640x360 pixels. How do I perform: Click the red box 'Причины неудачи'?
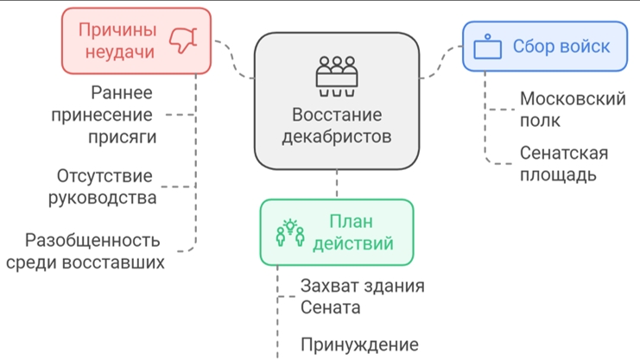pos(136,41)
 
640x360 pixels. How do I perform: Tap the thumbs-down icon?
pos(183,40)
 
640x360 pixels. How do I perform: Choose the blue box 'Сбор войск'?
pos(544,47)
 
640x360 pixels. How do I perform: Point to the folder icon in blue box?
pos(488,48)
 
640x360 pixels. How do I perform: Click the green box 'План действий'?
pos(337,232)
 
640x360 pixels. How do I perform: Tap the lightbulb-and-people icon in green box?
pos(290,233)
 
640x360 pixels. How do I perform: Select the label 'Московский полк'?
pos(572,110)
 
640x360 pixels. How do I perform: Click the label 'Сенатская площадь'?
pos(563,164)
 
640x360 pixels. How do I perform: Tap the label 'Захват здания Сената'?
pos(362,296)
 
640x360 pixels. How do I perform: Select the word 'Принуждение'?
pos(359,344)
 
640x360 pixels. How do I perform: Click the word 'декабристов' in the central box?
pos(337,136)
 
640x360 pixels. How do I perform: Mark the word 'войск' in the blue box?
pos(585,47)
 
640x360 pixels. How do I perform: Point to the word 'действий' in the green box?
pos(352,243)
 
